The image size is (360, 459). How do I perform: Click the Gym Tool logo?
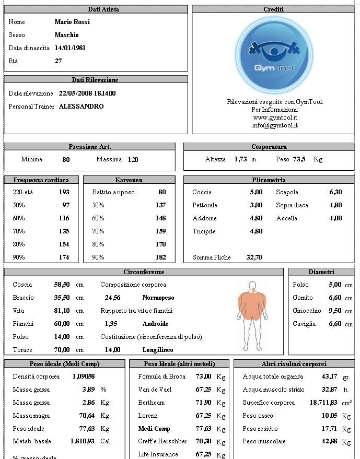click(x=274, y=55)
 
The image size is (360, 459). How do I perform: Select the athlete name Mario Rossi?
click(x=72, y=22)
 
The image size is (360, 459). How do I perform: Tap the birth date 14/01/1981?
click(x=70, y=48)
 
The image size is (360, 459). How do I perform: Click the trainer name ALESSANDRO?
click(x=81, y=107)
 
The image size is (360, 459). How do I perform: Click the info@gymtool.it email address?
click(x=275, y=126)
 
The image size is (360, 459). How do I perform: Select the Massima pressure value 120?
click(x=133, y=160)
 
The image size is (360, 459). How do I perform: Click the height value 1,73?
click(x=240, y=160)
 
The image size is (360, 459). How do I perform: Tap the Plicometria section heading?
click(x=269, y=180)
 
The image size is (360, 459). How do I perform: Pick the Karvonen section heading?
click(x=129, y=180)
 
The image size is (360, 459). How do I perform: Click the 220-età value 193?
click(x=64, y=192)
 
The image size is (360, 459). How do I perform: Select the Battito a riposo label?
click(x=113, y=192)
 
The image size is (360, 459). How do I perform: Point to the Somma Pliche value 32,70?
click(x=254, y=257)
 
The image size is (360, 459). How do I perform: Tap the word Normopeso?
click(x=158, y=298)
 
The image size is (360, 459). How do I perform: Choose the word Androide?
click(x=155, y=324)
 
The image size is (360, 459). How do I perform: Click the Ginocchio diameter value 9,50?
click(x=334, y=311)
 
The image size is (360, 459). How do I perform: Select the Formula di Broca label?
click(x=162, y=376)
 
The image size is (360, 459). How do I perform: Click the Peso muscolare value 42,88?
click(x=329, y=442)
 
